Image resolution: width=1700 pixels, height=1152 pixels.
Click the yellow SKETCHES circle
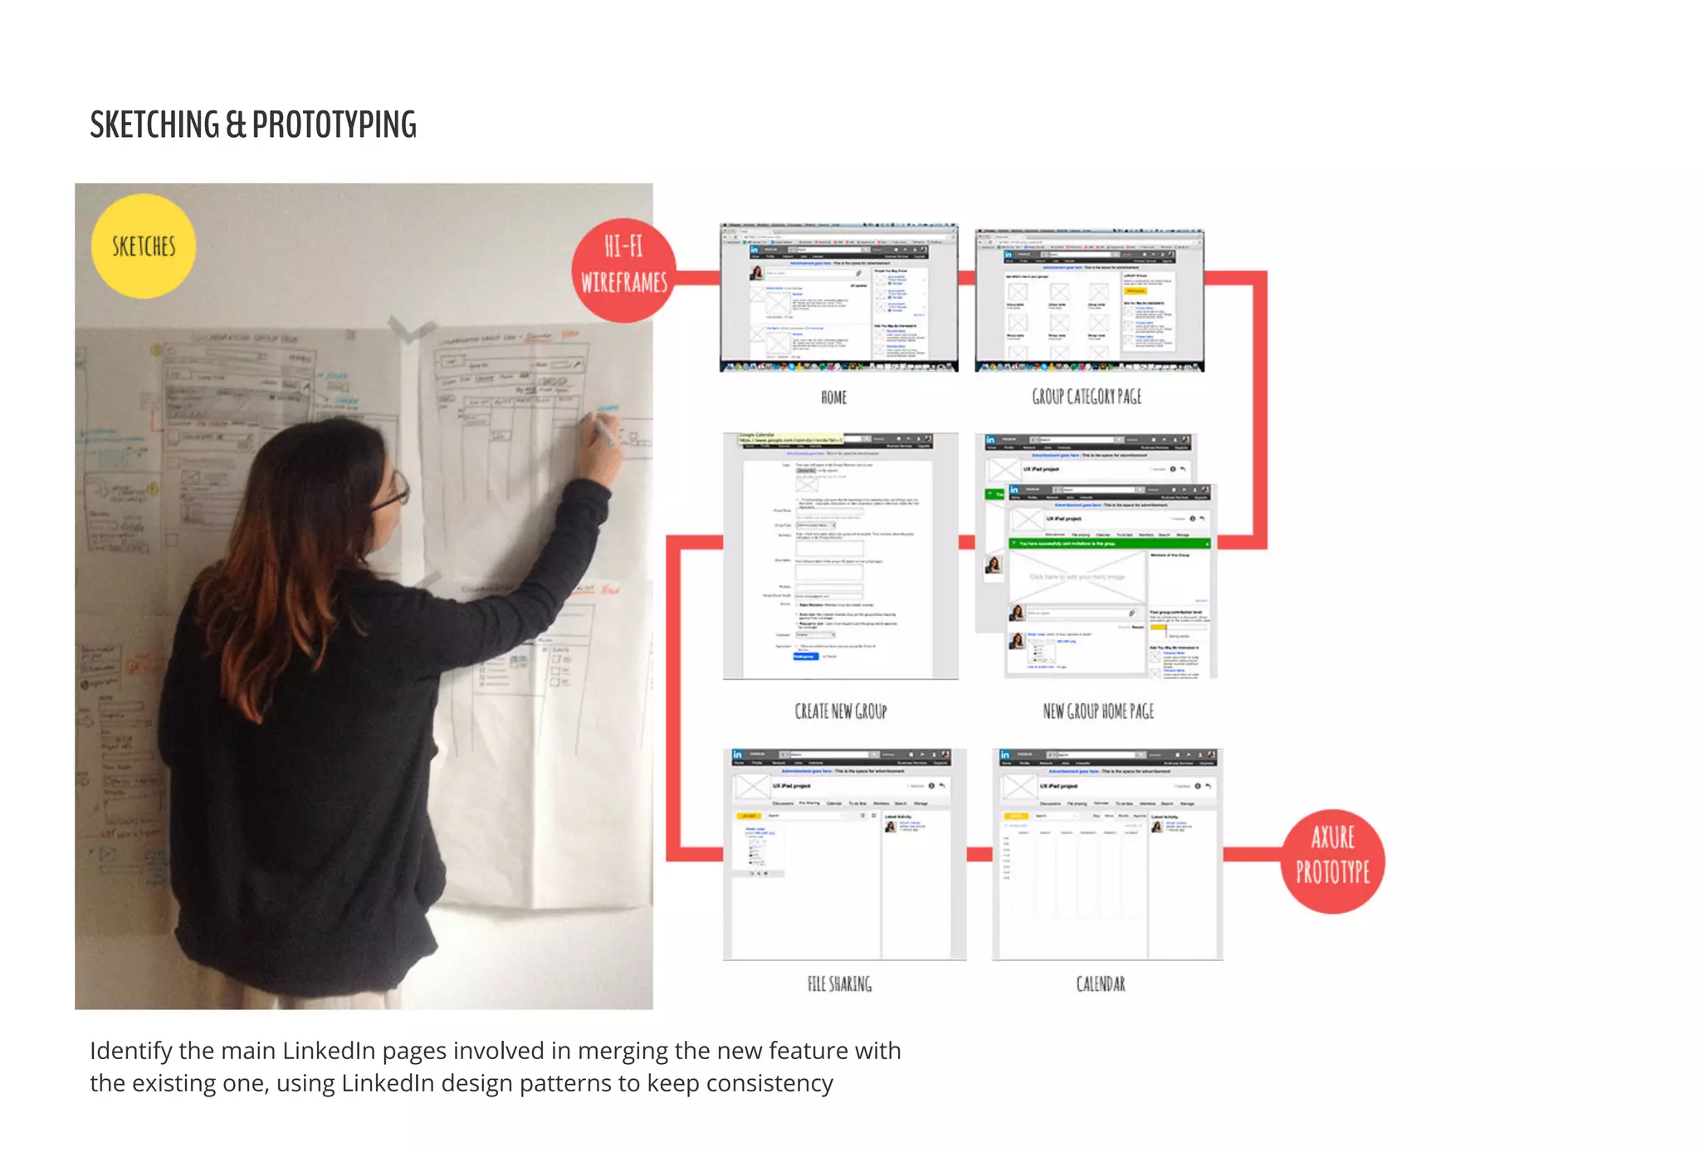[x=144, y=247]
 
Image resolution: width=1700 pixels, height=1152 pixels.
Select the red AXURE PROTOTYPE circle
[x=1332, y=861]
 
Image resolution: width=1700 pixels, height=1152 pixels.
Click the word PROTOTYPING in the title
[x=334, y=125]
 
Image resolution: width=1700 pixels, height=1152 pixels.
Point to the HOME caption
[x=833, y=398]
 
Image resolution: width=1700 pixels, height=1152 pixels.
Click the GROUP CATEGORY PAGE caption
[x=1087, y=397]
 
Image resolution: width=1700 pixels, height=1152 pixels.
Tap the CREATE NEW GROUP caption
[x=840, y=711]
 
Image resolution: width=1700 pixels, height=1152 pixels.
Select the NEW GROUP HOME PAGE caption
[x=1097, y=711]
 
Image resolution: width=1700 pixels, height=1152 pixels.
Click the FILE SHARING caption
[x=839, y=984]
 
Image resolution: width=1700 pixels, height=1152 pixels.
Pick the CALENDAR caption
[x=1101, y=984]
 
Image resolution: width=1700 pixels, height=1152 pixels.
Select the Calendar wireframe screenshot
[x=1106, y=855]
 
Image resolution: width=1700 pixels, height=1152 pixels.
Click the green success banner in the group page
[x=1108, y=544]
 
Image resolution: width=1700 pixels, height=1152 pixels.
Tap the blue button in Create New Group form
[x=804, y=657]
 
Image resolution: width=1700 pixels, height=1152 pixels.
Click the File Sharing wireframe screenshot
[x=844, y=855]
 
